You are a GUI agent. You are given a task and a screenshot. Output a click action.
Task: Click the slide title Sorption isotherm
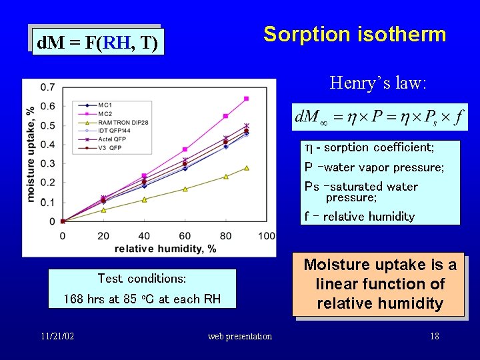pos(355,34)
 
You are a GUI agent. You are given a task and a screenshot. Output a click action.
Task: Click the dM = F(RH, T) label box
pos(97,44)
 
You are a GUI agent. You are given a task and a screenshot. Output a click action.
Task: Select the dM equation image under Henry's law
pos(380,118)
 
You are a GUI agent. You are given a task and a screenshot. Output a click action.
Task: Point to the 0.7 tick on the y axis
pos(48,87)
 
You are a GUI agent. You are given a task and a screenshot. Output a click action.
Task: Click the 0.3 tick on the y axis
pos(48,164)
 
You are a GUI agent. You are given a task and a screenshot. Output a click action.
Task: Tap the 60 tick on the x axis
pos(185,235)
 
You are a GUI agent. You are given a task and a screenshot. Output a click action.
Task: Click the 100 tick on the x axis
pos(266,235)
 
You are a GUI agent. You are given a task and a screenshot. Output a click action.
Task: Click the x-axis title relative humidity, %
pos(165,248)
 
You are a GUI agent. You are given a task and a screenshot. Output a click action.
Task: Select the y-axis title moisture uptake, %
pos(31,153)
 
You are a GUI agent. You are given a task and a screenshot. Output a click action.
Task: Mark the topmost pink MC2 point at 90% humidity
pos(246,99)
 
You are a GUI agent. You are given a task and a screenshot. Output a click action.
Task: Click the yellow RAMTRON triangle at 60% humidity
pos(185,189)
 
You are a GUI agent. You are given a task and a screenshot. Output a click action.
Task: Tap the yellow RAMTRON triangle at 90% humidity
pos(246,168)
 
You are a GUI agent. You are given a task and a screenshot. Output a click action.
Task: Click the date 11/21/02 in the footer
pos(57,336)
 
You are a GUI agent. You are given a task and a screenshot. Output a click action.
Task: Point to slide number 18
pos(435,336)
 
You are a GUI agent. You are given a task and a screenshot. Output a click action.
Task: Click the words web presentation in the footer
pos(240,336)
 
